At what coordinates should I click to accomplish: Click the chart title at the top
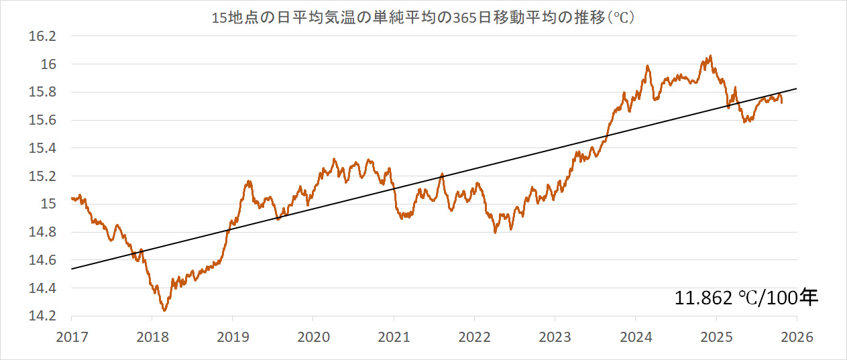pos(423,18)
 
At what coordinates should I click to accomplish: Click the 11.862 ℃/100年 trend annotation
pos(746,297)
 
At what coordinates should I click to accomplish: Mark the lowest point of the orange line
pos(164,310)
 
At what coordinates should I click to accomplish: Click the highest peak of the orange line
pos(710,56)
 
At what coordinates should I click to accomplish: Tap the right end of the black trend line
pos(796,88)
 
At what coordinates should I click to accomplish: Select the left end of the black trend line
pos(71,269)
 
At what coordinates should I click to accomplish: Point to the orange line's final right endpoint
pos(781,102)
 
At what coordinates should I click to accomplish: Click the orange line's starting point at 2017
pos(72,198)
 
